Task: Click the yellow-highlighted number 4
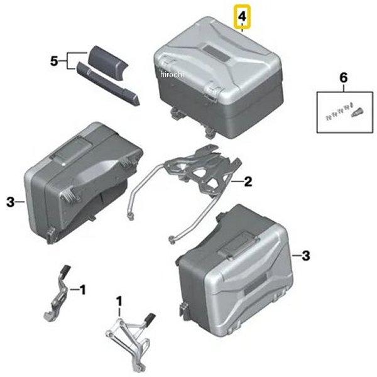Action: (241, 17)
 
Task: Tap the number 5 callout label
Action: (55, 61)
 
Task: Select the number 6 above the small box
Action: (343, 78)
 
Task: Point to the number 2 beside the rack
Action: (248, 182)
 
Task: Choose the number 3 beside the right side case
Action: (305, 256)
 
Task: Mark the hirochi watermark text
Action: (170, 75)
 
